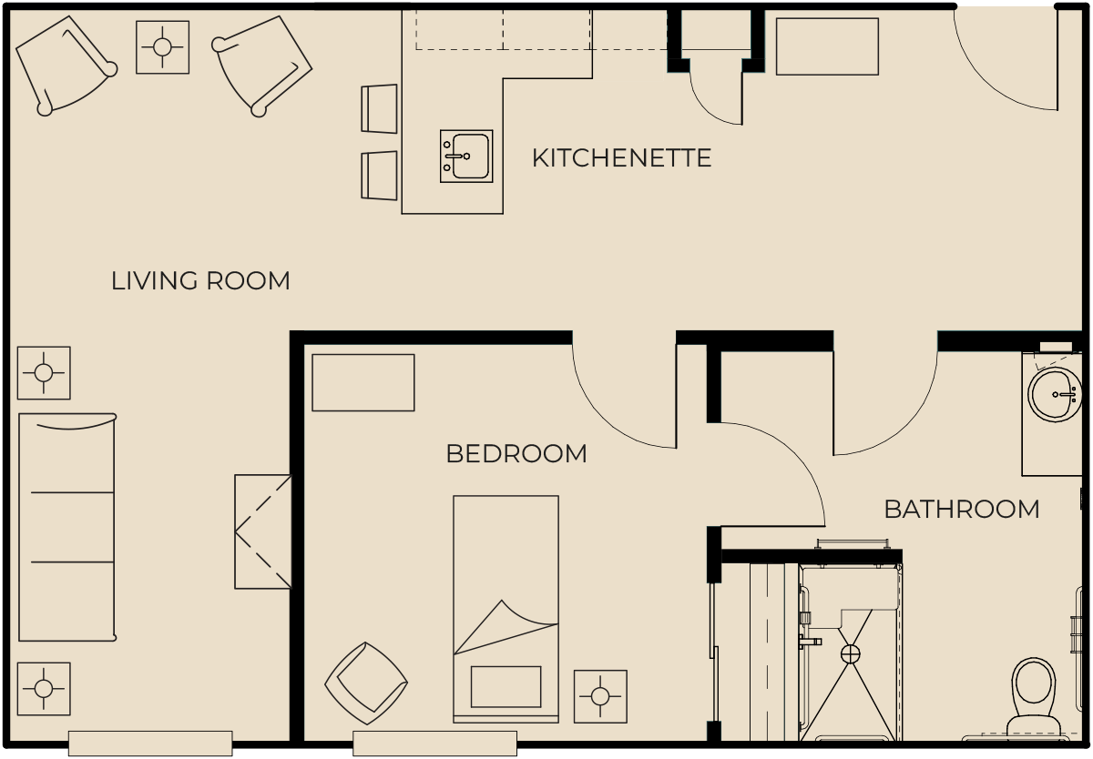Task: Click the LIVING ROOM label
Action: tap(200, 281)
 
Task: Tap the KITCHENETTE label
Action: tap(621, 158)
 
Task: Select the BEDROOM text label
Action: tap(516, 454)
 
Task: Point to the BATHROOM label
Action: tap(961, 510)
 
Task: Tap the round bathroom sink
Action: tap(1055, 394)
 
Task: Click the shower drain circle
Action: tap(851, 654)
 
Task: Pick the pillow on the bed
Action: tap(506, 687)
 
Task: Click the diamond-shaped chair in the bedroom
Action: tap(366, 683)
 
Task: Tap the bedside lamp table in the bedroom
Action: tap(600, 696)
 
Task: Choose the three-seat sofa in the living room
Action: tap(66, 528)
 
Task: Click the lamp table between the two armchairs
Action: tap(162, 47)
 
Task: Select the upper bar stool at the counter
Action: tap(379, 108)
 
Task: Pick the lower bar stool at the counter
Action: tap(379, 176)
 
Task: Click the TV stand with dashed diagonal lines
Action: tap(263, 531)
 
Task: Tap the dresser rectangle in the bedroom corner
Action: tap(363, 382)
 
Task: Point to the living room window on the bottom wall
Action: tap(150, 744)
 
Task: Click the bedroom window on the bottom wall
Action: tap(434, 744)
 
